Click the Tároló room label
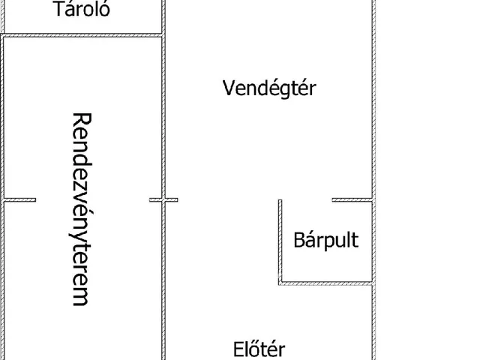tap(82, 10)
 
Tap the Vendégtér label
tap(270, 88)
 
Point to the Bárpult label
tap(325, 241)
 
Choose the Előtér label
tap(259, 349)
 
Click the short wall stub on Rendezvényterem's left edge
tap(20, 199)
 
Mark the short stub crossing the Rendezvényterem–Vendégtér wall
tap(163, 199)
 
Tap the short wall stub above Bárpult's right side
tap(351, 199)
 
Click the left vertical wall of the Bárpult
tap(280, 240)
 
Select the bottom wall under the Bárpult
tap(325, 283)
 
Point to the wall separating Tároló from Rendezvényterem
tap(82, 34)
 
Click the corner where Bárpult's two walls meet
tap(280, 283)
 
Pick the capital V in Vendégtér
tap(229, 88)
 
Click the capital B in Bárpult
tap(298, 241)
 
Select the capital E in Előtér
tap(238, 349)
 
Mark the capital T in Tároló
tap(58, 10)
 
